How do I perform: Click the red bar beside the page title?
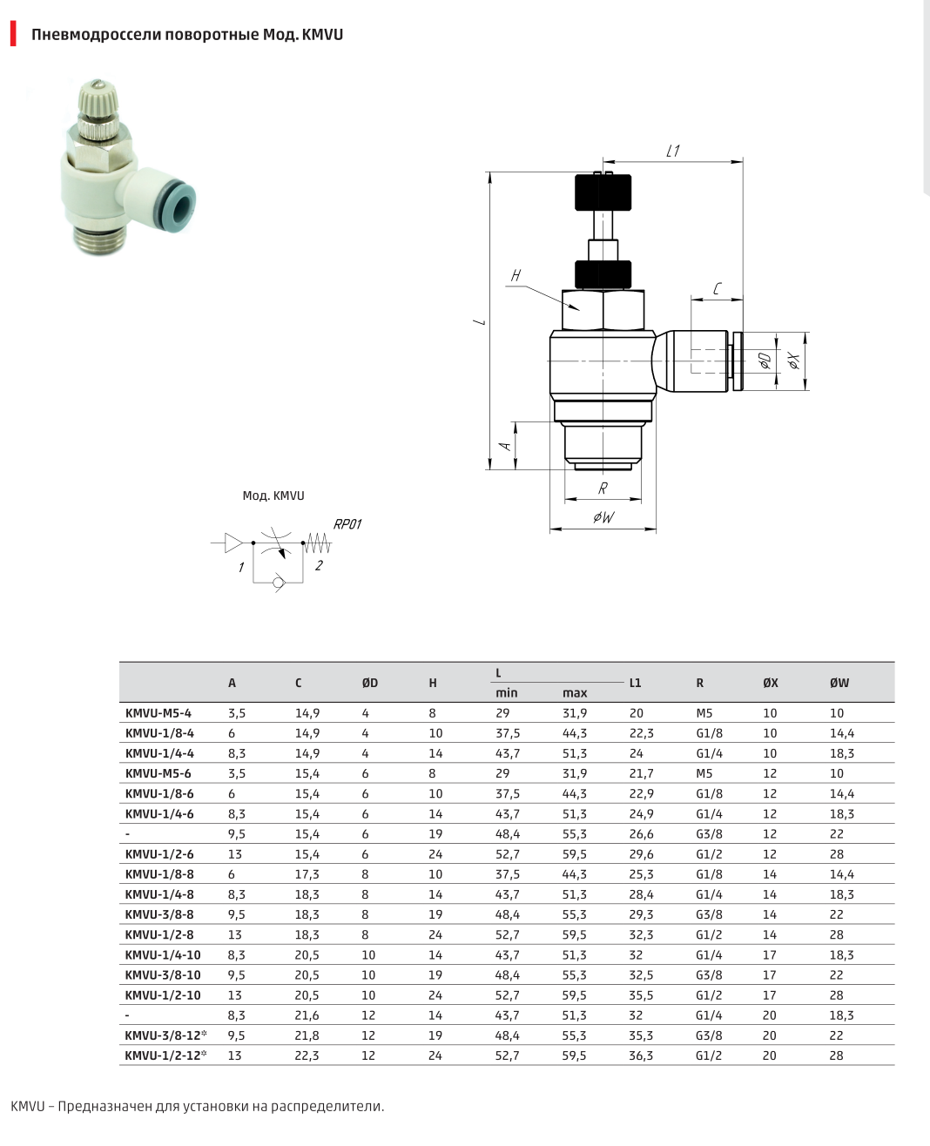coord(13,33)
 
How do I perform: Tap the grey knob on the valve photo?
coord(98,101)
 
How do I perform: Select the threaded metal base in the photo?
coord(99,237)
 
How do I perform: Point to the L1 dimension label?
coord(673,152)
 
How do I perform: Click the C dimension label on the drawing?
coord(717,289)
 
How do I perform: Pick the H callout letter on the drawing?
coord(516,275)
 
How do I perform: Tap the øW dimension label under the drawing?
coord(603,517)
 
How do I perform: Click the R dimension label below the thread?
coord(603,488)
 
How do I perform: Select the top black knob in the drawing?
coord(603,192)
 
